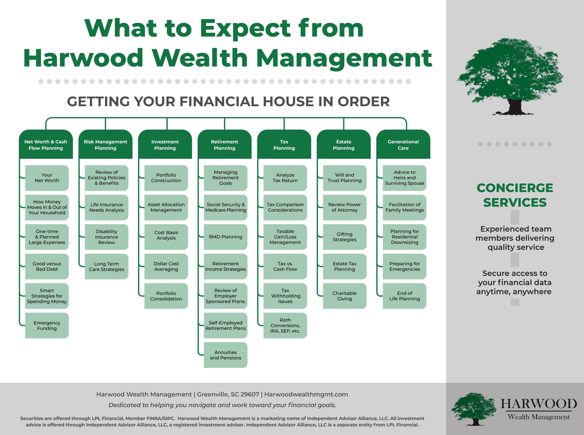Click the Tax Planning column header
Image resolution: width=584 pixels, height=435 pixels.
click(x=284, y=144)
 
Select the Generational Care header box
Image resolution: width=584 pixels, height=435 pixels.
click(x=403, y=144)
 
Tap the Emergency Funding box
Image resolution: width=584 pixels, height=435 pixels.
click(x=47, y=325)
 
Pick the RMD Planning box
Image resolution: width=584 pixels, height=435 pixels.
click(x=226, y=237)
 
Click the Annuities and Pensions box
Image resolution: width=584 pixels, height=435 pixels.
click(x=226, y=355)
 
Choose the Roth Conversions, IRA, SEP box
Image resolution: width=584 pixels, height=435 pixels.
click(x=285, y=325)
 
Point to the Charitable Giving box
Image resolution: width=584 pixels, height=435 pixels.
click(x=345, y=296)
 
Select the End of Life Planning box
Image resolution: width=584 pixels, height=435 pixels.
click(x=405, y=296)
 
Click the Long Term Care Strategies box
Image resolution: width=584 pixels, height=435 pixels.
click(x=106, y=267)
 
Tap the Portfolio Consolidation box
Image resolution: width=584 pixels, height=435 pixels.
click(x=166, y=296)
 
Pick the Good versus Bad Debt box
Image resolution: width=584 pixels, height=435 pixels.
click(x=47, y=267)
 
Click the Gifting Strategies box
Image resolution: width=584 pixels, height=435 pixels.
click(x=345, y=237)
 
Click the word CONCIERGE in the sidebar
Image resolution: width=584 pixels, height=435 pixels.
click(x=515, y=188)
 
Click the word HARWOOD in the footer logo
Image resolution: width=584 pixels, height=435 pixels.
click(x=539, y=404)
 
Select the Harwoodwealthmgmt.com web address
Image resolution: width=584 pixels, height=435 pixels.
click(x=306, y=394)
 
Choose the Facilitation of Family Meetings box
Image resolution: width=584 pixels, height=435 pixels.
click(x=405, y=208)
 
